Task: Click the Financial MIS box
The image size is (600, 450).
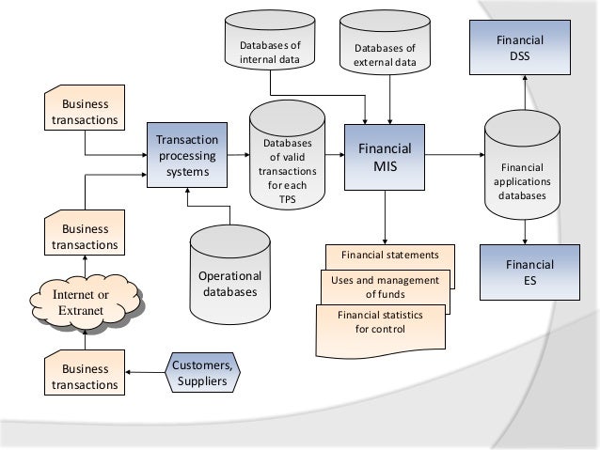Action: tap(385, 157)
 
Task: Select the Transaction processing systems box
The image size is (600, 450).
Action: tap(187, 155)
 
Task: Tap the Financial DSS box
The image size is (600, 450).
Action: tap(520, 47)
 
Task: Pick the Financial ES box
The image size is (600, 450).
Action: tap(530, 272)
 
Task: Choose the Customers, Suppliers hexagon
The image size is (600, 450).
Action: tap(202, 372)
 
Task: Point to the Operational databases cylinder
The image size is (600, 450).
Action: tap(230, 275)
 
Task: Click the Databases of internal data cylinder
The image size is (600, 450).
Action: tap(270, 40)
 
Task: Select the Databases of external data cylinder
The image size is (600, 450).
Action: tap(385, 42)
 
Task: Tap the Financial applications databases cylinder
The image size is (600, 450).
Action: tap(522, 164)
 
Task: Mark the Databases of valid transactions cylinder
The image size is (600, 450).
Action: tap(288, 155)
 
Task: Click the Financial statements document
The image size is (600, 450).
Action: tap(390, 255)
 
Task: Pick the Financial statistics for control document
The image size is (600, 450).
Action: tap(380, 331)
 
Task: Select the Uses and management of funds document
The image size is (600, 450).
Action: tap(385, 287)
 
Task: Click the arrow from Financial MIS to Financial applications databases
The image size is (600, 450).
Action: tap(454, 155)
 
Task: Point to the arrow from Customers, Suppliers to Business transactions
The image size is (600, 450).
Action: tap(145, 372)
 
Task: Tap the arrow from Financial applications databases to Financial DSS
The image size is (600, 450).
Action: tap(525, 92)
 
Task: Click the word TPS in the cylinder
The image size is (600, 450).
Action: tap(288, 199)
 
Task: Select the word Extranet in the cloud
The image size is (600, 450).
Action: tap(81, 310)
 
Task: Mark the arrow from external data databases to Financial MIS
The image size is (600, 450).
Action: tap(390, 100)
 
